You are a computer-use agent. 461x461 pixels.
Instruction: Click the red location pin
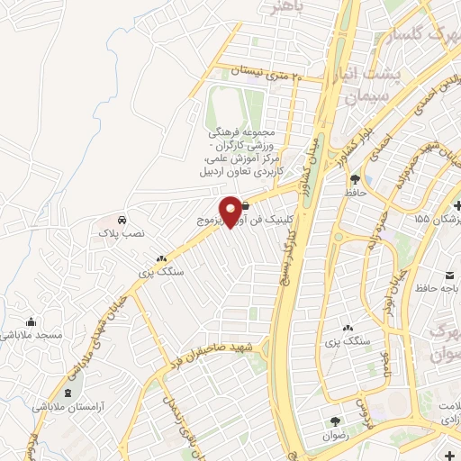pos(230,211)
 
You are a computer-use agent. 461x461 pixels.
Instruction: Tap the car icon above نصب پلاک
pos(121,220)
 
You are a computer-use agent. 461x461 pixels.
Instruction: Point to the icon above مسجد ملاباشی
pos(32,322)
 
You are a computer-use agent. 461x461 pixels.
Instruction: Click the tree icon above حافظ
pos(354,178)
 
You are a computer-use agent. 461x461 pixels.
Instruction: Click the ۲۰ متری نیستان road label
pos(260,70)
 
